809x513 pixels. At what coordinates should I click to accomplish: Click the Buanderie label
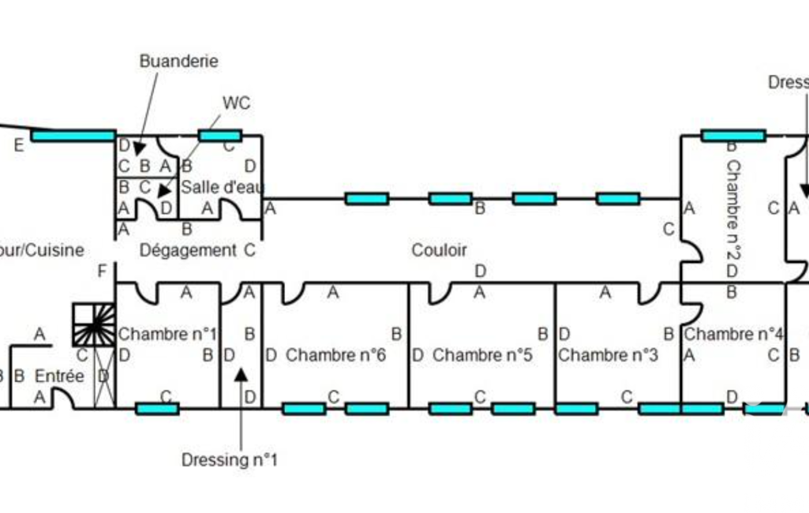pos(178,61)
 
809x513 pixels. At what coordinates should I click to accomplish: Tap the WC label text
pos(236,103)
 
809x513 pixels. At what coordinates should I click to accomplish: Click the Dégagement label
pos(188,250)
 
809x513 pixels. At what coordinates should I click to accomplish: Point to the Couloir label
pos(439,250)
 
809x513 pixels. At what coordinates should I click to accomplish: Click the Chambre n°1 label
pos(167,334)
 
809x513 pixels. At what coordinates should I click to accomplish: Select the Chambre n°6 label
pos(335,355)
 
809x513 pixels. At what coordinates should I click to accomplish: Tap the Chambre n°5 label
pos(482,355)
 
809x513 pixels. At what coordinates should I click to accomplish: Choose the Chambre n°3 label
pos(608,355)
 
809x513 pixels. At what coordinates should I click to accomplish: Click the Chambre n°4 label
pos(734,334)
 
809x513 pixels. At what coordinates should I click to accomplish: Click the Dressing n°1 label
pos(230,459)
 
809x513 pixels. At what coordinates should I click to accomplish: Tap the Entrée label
pos(59,376)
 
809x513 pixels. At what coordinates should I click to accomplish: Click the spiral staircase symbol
pos(94,324)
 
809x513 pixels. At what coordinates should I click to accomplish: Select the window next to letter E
pos(73,136)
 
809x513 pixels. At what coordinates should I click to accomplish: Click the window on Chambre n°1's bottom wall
pos(157,408)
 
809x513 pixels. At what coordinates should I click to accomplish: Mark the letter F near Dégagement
pos(101,272)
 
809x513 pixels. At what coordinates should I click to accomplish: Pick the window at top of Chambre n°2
pos(733,136)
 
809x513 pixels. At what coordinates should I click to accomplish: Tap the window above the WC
pos(220,136)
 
